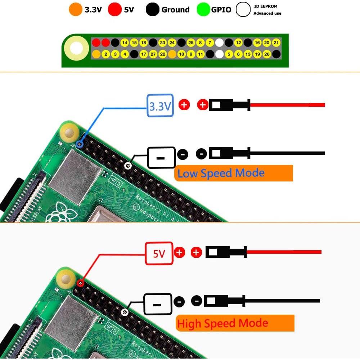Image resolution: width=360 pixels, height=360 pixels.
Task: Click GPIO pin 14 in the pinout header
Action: click(125, 43)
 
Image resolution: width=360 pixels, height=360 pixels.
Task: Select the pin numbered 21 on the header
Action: click(276, 43)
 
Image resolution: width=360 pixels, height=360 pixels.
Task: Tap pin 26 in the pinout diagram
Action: click(267, 54)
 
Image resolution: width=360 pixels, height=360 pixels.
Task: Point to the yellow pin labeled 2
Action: click(105, 54)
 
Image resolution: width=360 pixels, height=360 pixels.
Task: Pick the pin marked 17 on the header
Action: click(144, 54)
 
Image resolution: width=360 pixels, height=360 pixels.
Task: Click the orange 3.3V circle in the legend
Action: click(75, 10)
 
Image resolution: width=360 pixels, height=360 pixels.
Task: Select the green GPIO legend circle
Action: click(203, 10)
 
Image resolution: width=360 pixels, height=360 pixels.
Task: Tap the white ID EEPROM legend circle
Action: click(243, 10)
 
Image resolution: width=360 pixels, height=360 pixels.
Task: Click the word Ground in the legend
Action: click(175, 10)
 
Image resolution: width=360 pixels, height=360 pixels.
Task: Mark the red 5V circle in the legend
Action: click(115, 10)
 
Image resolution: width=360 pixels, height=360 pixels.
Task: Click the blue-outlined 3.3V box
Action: click(160, 105)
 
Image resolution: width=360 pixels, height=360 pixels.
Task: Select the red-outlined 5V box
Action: click(159, 253)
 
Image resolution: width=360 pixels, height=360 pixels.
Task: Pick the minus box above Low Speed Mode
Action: click(161, 158)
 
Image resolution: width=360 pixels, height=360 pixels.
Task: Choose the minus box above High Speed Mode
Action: click(157, 304)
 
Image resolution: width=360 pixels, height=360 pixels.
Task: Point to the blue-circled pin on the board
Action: click(80, 144)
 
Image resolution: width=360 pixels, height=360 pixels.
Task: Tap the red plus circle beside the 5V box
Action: click(179, 253)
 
